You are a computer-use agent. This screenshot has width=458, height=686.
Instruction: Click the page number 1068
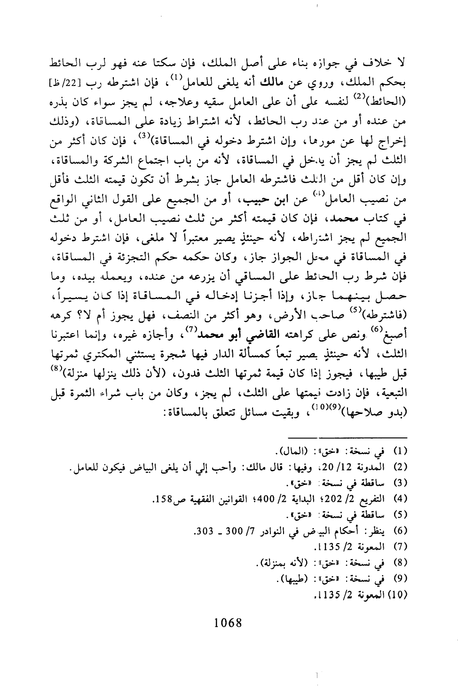pos(228,623)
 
